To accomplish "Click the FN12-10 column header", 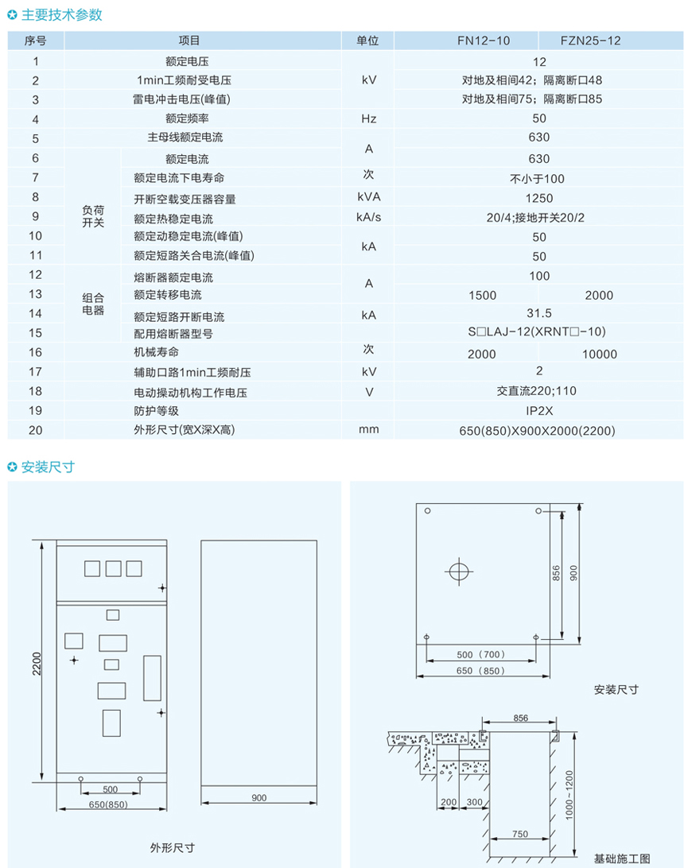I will [483, 41].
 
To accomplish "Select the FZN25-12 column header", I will [590, 41].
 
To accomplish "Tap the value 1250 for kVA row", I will [539, 198].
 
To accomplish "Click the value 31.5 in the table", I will [538, 314].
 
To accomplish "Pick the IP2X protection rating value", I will [538, 411].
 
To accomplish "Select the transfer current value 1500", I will [483, 295].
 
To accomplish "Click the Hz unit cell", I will [368, 119].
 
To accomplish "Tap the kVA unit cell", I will [368, 196].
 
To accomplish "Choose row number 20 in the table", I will [35, 430].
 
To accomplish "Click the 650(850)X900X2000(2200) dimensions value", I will [538, 431].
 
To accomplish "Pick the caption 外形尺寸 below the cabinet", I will [172, 847].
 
